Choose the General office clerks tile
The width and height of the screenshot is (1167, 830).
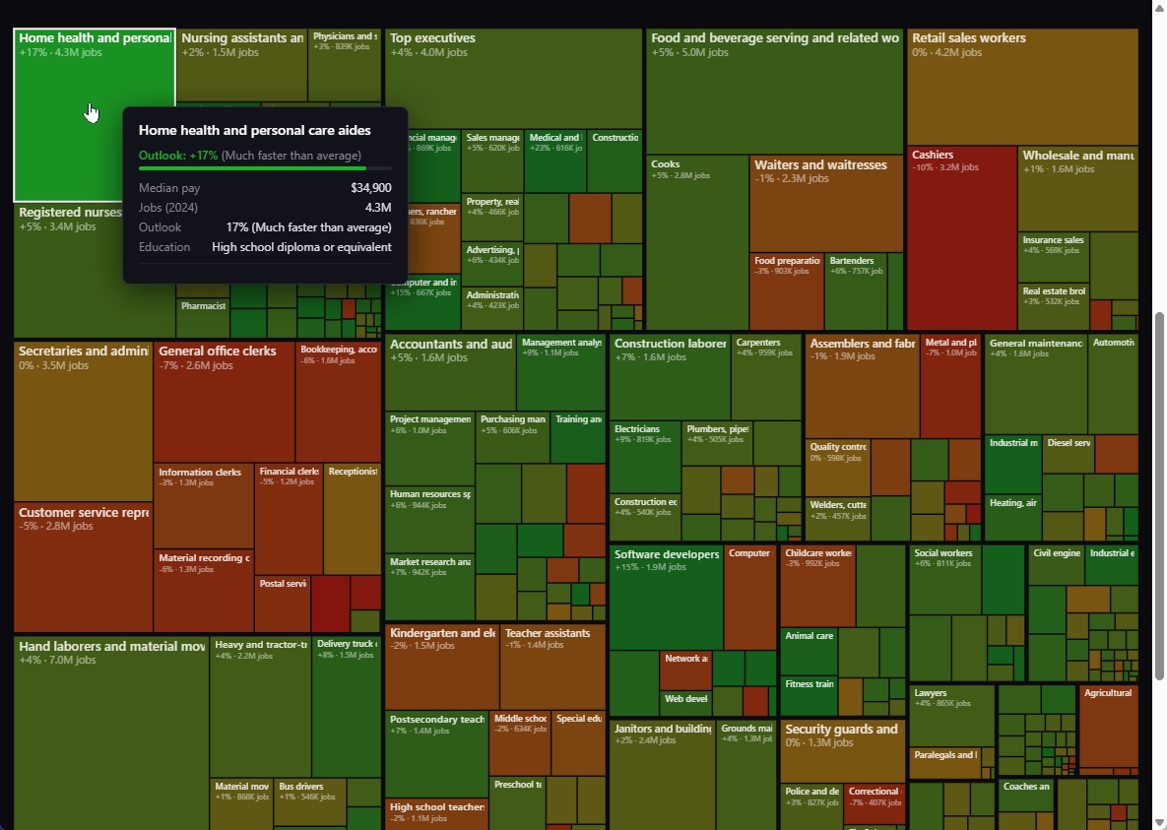[224, 404]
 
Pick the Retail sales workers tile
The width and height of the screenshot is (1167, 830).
[1021, 89]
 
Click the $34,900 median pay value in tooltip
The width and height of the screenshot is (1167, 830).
[370, 188]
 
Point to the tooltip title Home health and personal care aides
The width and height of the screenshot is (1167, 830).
[254, 130]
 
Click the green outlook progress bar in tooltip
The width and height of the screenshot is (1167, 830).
[252, 168]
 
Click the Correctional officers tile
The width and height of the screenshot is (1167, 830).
[875, 803]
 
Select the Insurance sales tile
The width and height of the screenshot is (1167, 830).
[1053, 257]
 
